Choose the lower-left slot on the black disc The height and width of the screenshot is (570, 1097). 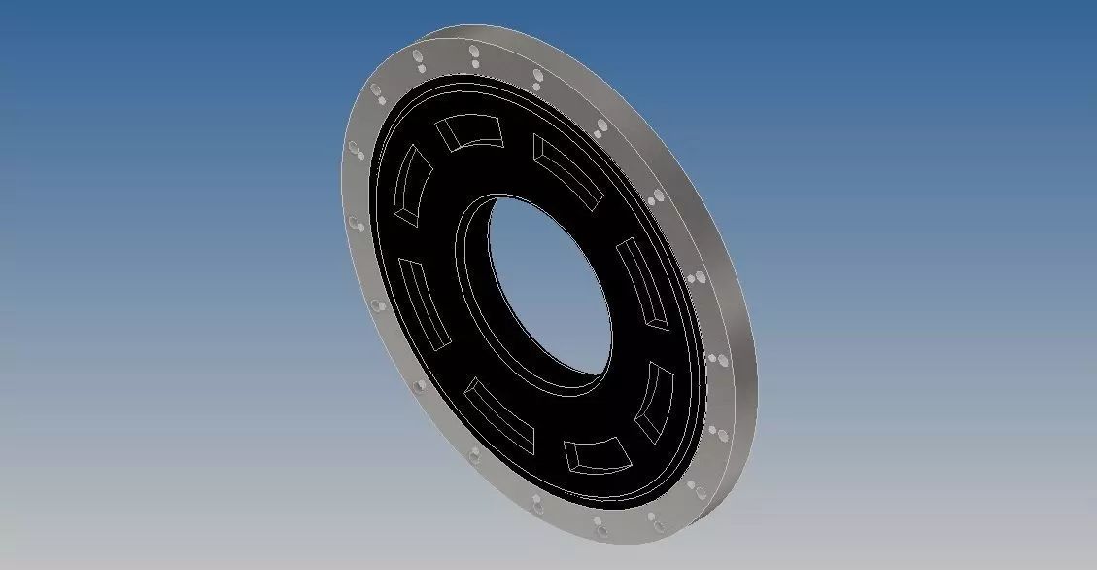(499, 416)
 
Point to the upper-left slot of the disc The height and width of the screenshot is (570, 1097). (406, 183)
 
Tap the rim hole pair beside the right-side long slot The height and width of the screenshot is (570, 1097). (692, 278)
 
